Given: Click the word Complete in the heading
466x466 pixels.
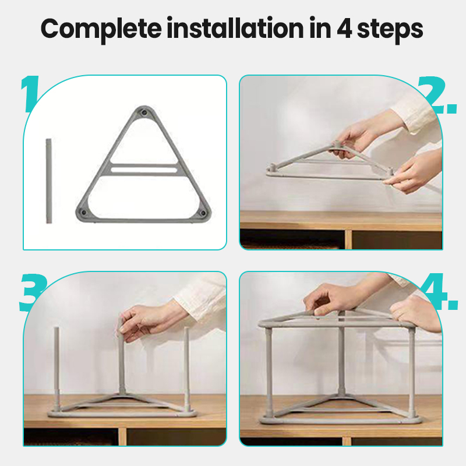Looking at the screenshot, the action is pyautogui.click(x=101, y=29).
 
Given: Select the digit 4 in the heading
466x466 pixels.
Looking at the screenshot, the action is pyautogui.click(x=344, y=29).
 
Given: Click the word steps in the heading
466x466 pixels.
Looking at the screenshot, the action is pyautogui.click(x=390, y=30).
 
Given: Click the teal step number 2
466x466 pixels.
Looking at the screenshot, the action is pyautogui.click(x=437, y=95).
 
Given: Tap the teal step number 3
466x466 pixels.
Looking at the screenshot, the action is pyautogui.click(x=33, y=292).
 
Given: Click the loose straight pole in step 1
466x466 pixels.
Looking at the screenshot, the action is pyautogui.click(x=49, y=181).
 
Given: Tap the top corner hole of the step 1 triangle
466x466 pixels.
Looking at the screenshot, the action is pyautogui.click(x=144, y=113).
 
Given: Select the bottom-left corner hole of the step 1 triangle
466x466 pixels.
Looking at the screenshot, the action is pyautogui.click(x=83, y=213).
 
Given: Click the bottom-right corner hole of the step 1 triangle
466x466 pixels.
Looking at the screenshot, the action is pyautogui.click(x=203, y=213).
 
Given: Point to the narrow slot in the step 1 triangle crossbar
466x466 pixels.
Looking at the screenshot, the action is pyautogui.click(x=144, y=170).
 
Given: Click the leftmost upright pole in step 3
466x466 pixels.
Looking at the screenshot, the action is pyautogui.click(x=57, y=369).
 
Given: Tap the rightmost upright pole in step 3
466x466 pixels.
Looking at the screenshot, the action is pyautogui.click(x=186, y=369).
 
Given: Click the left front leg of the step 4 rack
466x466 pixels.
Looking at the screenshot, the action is pyautogui.click(x=269, y=372).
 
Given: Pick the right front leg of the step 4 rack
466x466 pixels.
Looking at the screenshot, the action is pyautogui.click(x=412, y=372).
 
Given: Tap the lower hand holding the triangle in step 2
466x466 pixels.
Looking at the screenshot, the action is pyautogui.click(x=413, y=172).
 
